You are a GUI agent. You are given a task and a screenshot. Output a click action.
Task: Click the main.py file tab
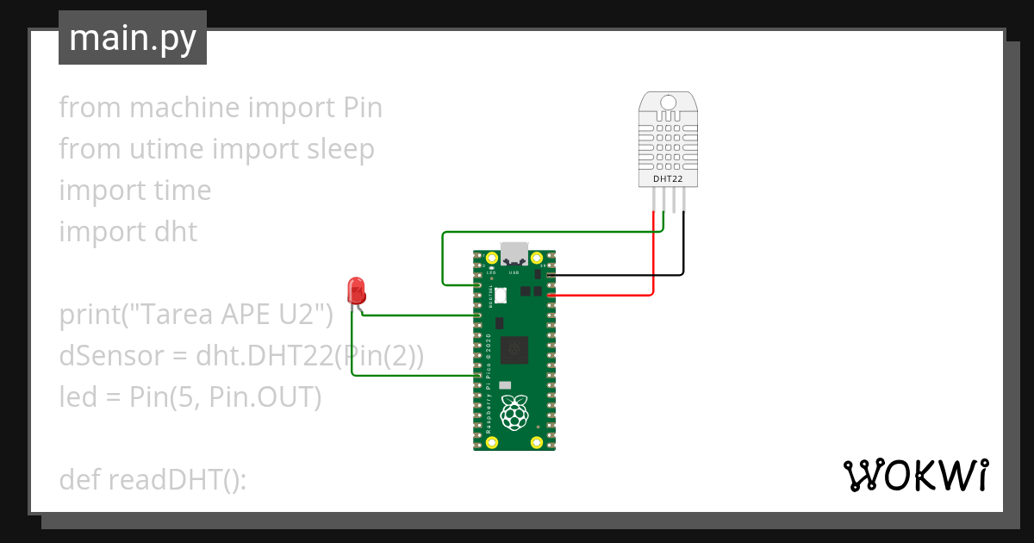pos(132,38)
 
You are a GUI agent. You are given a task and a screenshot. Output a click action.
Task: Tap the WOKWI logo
pos(914,475)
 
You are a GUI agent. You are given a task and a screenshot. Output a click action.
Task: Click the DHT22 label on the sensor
pos(668,178)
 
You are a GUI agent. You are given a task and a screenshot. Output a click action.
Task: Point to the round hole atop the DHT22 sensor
pos(668,104)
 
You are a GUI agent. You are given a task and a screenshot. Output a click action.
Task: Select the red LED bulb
pos(354,290)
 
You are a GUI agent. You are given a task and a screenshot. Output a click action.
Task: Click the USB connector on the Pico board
pos(514,253)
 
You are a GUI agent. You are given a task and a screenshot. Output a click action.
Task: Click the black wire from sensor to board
pos(684,250)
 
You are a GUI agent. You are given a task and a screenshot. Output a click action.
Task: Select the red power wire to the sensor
pos(654,259)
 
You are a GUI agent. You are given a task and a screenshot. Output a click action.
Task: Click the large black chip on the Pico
pos(514,348)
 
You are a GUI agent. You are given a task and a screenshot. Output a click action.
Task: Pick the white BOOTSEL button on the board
pos(500,296)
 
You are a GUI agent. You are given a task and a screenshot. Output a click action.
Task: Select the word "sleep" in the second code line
pos(341,149)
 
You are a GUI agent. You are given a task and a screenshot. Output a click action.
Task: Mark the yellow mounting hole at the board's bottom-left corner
pos(492,443)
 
